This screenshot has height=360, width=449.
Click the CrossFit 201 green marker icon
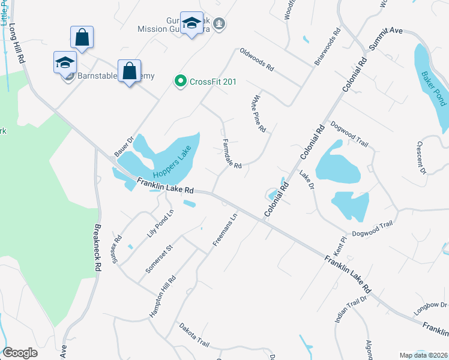[x=179, y=81]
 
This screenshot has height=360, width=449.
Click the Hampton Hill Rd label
[x=162, y=296]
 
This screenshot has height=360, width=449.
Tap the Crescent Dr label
[x=420, y=158]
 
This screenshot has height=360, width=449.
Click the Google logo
[x=20, y=353]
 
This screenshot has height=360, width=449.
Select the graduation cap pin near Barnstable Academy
[x=64, y=63]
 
